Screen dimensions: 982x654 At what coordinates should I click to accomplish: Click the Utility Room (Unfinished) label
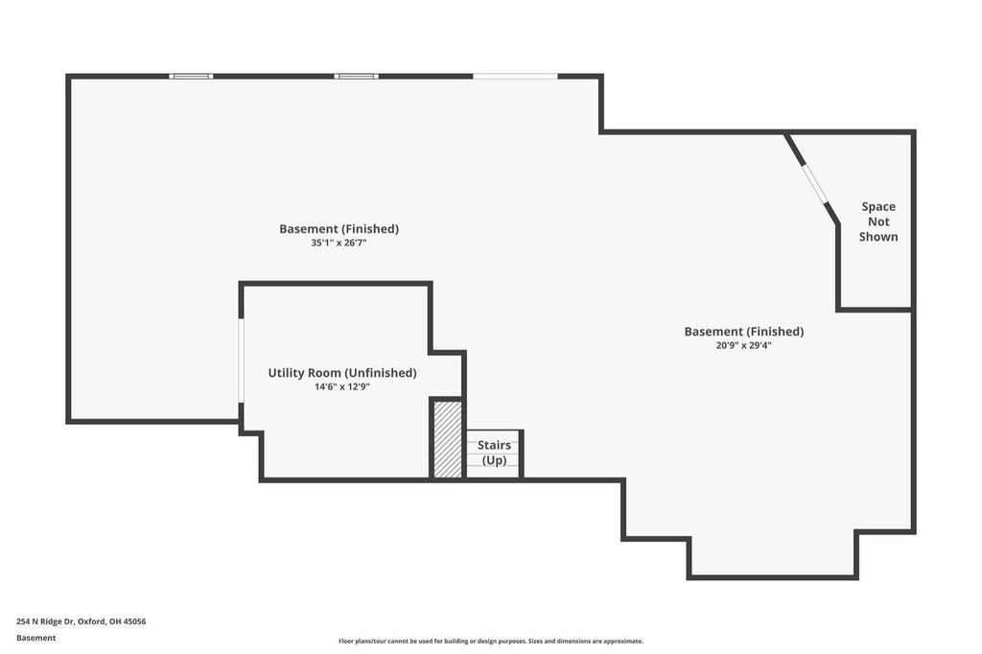coord(342,373)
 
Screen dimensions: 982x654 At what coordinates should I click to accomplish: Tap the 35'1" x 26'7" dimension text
coord(339,243)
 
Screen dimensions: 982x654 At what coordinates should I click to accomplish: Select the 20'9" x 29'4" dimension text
coord(744,345)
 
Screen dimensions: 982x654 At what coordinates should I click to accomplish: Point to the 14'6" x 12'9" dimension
coord(342,387)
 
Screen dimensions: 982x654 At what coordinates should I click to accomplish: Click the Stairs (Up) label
coord(494,453)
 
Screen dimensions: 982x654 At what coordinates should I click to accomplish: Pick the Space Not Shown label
coord(878,222)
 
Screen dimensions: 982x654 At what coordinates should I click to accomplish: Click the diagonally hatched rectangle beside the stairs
coord(448,439)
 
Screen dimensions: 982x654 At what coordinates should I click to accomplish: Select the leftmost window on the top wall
coord(191,77)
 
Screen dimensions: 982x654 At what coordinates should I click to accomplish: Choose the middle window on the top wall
coord(356,77)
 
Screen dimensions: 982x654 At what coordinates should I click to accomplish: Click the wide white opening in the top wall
coord(515,77)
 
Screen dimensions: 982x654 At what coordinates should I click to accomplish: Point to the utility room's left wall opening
coord(241,361)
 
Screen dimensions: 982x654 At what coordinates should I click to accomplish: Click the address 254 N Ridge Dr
coord(44,621)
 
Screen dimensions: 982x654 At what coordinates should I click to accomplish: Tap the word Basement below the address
coord(35,638)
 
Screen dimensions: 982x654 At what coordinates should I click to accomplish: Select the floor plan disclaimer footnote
coord(490,642)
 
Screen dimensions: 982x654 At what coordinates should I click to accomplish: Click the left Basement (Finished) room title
coord(339,228)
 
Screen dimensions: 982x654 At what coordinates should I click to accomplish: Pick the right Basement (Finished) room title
coord(744,332)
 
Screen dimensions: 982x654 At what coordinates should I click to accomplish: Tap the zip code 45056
coord(135,621)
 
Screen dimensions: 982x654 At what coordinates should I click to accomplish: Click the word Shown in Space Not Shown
coord(878,237)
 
